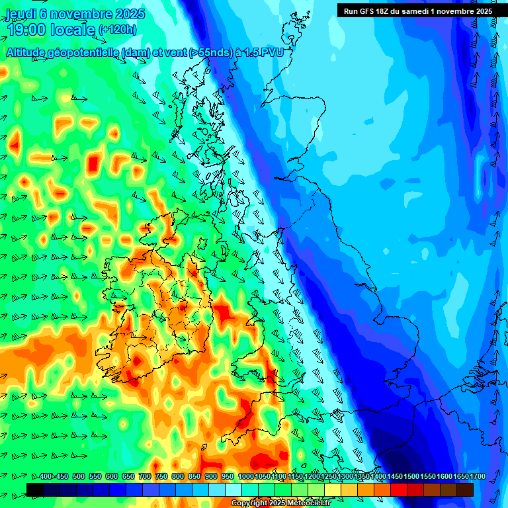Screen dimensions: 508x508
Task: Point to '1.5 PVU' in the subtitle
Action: (265, 53)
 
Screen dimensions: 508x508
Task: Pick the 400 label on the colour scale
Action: (46, 477)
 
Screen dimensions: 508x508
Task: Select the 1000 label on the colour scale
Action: (246, 477)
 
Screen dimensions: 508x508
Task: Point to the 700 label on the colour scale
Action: (145, 477)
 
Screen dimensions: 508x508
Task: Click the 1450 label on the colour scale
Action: (395, 477)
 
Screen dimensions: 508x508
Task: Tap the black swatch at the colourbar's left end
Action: (35, 489)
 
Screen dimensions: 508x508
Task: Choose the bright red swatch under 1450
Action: (399, 489)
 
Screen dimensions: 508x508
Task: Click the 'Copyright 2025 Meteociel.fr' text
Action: (280, 503)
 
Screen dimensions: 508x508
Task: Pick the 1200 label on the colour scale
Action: (312, 477)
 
